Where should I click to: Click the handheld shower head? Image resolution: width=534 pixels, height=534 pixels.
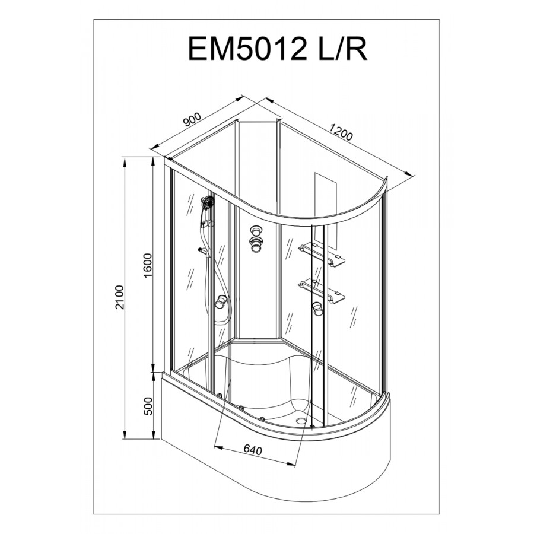click(x=207, y=204)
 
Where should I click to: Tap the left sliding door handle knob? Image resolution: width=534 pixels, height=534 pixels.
click(x=221, y=303)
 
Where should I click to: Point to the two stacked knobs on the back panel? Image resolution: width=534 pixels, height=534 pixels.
click(x=257, y=235)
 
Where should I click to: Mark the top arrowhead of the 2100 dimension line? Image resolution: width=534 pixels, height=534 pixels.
click(x=126, y=158)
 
